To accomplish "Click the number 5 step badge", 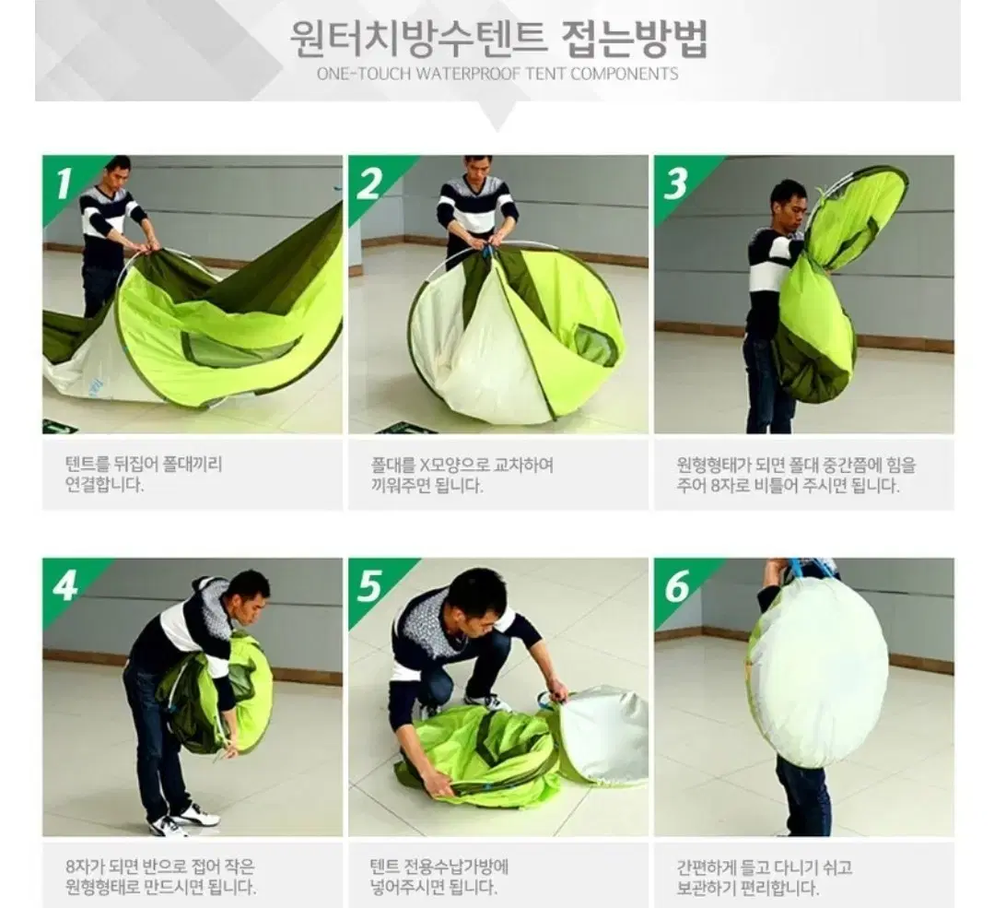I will pos(369,584).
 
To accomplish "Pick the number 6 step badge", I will pos(675,584).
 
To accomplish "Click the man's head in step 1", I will pos(118,171).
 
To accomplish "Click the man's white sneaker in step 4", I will pos(195,815).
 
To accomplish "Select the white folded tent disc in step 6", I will pos(816,673).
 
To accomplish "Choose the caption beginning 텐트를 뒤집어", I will pos(145,475).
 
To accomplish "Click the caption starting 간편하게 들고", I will pos(763,877).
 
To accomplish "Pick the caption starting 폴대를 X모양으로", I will pos(456,475).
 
